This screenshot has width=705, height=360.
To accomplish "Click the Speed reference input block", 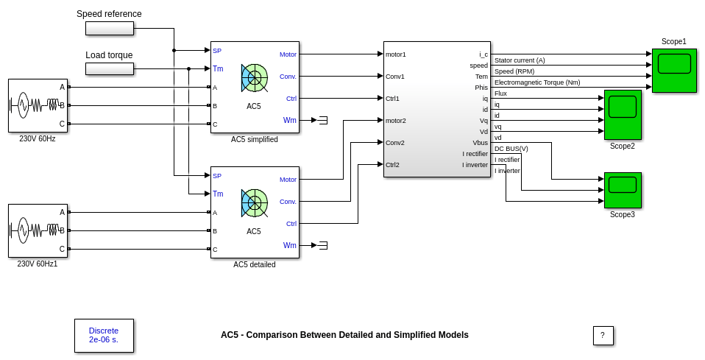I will tap(109, 28).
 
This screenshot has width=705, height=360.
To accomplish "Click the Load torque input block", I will tap(109, 68).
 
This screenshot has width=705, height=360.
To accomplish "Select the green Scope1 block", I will tap(673, 70).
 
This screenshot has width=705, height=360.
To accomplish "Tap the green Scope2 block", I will tap(622, 114).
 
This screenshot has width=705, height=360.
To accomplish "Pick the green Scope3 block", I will tap(622, 190).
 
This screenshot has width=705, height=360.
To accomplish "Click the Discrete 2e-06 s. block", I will tap(104, 335).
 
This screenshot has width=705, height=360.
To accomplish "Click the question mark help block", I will tap(603, 335).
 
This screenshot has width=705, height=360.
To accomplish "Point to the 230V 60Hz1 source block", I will tap(38, 230).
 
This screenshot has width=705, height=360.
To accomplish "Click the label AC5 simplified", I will tap(255, 139).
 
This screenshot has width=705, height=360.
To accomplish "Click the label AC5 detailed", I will tap(255, 264).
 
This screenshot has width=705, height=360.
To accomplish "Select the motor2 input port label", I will tap(396, 120).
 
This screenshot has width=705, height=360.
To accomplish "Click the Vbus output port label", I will tap(480, 142).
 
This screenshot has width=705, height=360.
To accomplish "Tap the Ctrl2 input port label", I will tap(392, 164).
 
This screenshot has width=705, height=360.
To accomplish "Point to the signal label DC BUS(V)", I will tap(511, 148).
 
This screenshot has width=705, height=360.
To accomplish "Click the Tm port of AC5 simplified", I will tap(218, 68).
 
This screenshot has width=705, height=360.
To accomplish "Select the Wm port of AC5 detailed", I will tap(290, 245).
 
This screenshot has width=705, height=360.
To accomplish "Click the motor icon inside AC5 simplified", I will tap(254, 77).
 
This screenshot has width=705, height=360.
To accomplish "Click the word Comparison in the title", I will tap(272, 335).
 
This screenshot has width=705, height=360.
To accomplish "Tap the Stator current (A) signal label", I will tap(520, 60).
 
